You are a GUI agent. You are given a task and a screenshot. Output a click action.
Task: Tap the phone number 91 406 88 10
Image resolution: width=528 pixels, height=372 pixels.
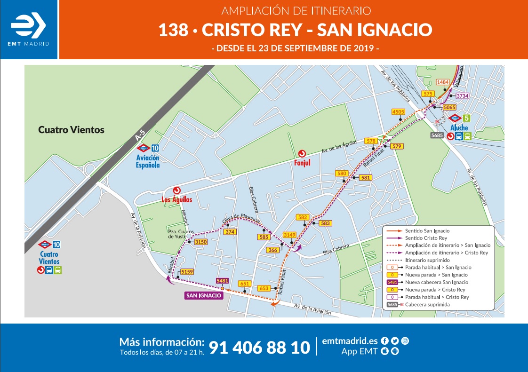259,348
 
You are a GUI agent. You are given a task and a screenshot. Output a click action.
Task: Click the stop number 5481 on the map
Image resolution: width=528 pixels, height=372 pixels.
222,281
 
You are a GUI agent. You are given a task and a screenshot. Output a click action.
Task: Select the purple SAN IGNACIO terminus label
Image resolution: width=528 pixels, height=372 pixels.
203,295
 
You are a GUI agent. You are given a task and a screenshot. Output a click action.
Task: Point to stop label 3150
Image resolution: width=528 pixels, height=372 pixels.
201,242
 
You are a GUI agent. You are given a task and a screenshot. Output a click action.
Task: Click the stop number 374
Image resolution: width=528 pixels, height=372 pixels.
230,232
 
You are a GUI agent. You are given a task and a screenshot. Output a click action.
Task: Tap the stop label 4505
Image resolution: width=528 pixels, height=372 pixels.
398,112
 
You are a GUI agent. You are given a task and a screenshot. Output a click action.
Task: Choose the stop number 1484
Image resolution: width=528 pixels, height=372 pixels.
443,82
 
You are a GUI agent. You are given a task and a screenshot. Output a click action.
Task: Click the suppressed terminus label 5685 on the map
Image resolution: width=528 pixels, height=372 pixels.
437,135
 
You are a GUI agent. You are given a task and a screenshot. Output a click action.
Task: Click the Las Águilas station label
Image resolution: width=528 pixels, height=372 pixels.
176,199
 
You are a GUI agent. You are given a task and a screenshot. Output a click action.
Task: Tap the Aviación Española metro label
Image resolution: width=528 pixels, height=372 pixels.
148,162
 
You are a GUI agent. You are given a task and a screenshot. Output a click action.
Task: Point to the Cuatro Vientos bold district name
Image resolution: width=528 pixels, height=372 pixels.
71,130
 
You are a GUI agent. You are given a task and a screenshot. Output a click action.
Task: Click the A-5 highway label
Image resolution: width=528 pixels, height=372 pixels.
138,136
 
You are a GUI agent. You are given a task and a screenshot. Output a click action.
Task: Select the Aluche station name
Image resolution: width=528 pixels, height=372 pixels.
459,128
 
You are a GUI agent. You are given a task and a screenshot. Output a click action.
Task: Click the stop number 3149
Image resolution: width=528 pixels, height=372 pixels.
289,235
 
